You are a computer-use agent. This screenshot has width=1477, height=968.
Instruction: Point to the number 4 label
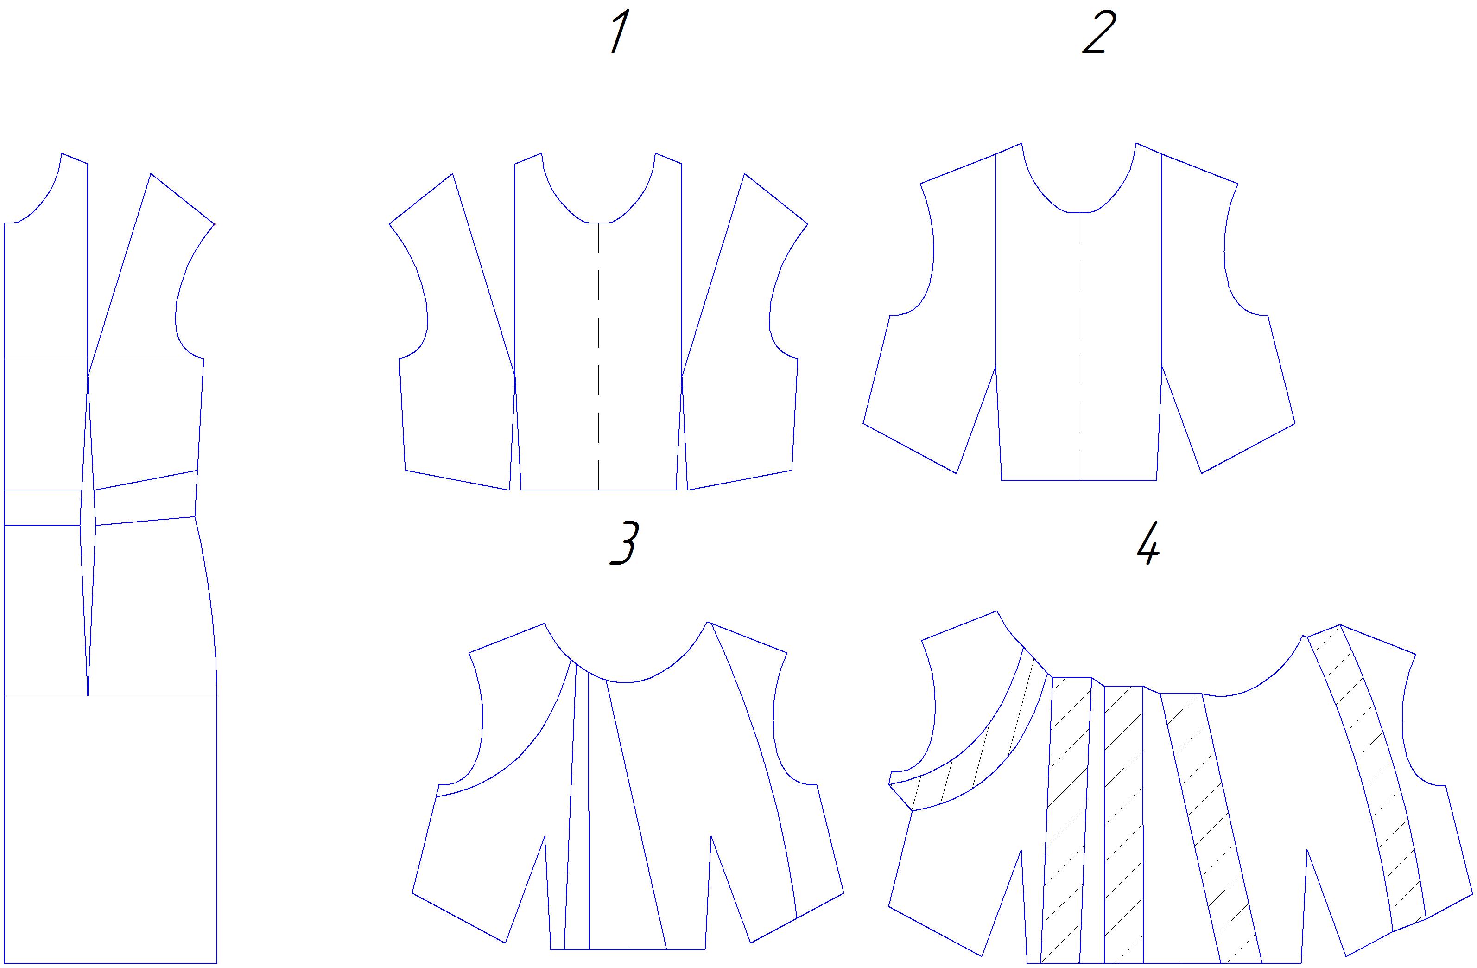pyautogui.click(x=1148, y=543)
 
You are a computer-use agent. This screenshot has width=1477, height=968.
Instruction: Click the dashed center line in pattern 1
pyautogui.click(x=598, y=356)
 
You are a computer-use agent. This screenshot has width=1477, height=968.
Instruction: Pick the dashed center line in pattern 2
pyautogui.click(x=1078, y=346)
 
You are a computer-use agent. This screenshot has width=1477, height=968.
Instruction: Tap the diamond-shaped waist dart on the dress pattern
pyautogui.click(x=88, y=535)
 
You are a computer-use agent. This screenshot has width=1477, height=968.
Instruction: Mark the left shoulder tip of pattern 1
pyautogui.click(x=390, y=223)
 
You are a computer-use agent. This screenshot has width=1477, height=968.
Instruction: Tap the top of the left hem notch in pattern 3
pyautogui.click(x=544, y=836)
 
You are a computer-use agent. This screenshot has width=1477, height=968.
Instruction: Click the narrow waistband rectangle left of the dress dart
pyautogui.click(x=43, y=507)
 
